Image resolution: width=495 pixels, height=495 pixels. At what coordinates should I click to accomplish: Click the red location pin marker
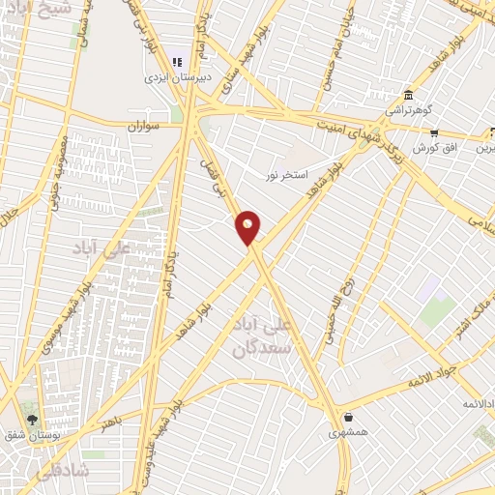[x=248, y=227]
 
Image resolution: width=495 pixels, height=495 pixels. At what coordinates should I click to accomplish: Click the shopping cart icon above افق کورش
[x=434, y=132]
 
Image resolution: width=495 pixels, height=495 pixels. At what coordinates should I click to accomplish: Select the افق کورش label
[x=434, y=148]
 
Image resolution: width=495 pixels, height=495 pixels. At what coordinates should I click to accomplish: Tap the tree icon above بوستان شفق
[x=32, y=421]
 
